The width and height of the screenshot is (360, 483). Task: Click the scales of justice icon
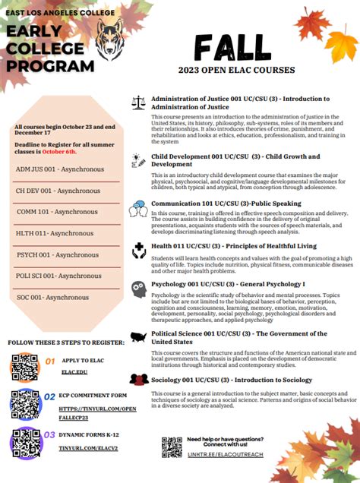pyautogui.click(x=138, y=102)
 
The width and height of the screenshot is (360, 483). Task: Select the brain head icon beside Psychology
pyautogui.click(x=138, y=289)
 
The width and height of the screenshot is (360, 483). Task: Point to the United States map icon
pyautogui.click(x=138, y=336)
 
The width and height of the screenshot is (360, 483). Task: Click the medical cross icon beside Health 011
pyautogui.click(x=139, y=249)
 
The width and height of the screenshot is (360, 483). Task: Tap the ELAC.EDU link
pyautogui.click(x=74, y=372)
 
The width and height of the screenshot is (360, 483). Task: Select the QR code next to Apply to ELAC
pyautogui.click(x=25, y=367)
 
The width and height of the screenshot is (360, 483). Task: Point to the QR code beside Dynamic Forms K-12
pyautogui.click(x=25, y=441)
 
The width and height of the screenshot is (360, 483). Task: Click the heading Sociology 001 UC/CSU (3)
pyautogui.click(x=231, y=380)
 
